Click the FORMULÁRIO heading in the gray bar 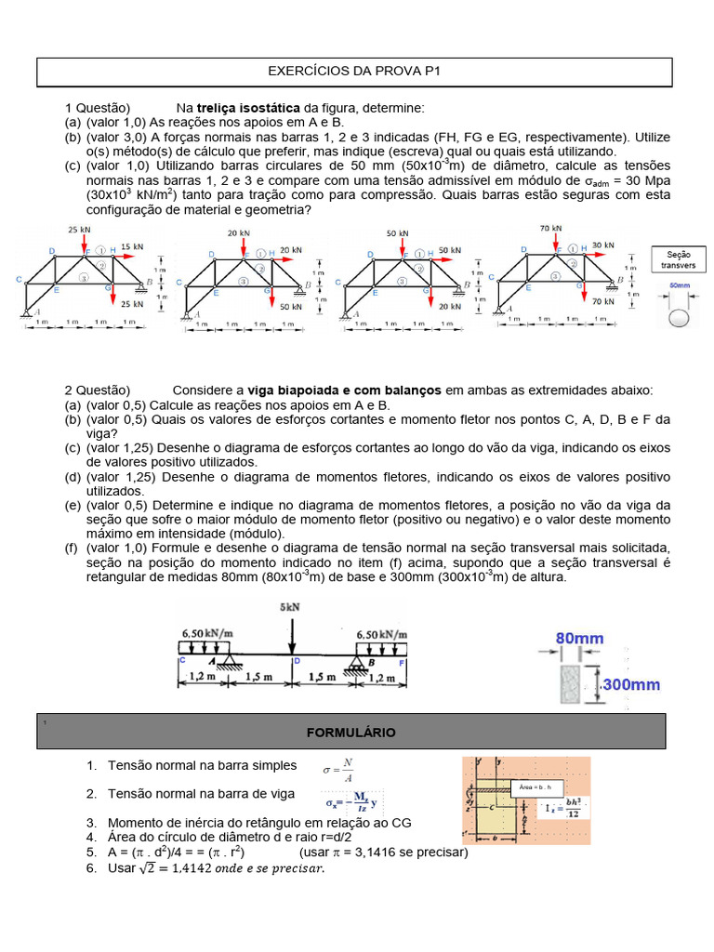click(350, 733)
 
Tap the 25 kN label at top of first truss click(80, 229)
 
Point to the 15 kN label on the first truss click(132, 246)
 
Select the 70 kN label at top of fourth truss click(550, 228)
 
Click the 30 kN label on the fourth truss click(603, 245)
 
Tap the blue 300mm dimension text click(631, 684)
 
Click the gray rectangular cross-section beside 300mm click(573, 685)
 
